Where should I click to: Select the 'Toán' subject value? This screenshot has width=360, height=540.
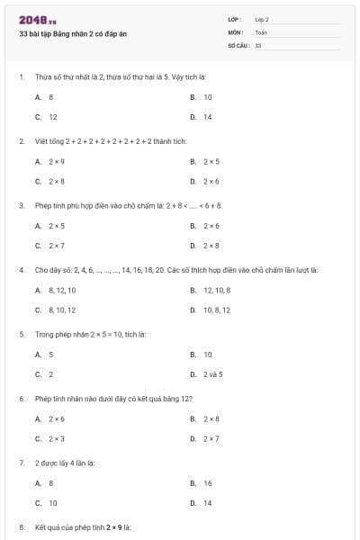point(262,31)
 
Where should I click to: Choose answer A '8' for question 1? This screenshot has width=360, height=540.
point(50,96)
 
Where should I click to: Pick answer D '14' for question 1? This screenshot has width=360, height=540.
point(207,117)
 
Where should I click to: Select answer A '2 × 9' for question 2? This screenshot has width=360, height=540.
point(56,161)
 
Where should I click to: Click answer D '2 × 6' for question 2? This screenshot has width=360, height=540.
point(211,182)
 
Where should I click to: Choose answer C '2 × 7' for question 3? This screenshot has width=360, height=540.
point(56,246)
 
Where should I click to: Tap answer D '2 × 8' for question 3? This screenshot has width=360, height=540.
point(211,246)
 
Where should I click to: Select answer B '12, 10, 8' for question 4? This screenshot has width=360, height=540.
point(217,290)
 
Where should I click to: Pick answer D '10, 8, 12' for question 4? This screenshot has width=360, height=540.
point(217,310)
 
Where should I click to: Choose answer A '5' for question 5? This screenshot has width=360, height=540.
point(50,354)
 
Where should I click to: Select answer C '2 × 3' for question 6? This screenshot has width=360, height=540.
point(56,439)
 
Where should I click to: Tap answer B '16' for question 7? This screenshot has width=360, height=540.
point(208,483)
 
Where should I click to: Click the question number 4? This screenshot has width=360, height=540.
point(22,269)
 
